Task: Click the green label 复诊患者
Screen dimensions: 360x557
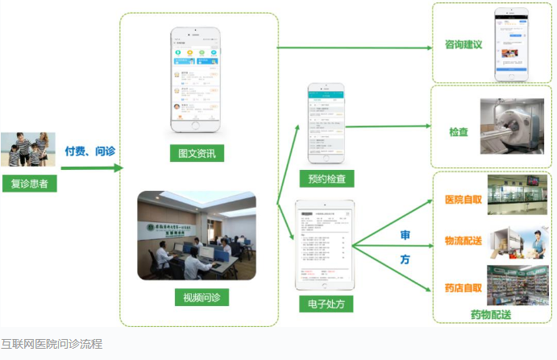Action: tap(29, 183)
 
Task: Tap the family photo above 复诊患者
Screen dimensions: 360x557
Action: tap(28, 151)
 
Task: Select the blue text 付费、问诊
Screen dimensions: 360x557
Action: tap(89, 151)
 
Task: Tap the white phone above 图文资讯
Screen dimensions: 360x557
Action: tap(196, 81)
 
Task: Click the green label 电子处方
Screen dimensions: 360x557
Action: tap(326, 304)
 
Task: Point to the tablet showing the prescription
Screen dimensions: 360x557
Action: tap(325, 245)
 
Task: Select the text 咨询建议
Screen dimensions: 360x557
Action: tap(463, 45)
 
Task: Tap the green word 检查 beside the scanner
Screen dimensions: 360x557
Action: tap(459, 131)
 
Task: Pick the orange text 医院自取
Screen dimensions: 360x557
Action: tap(463, 199)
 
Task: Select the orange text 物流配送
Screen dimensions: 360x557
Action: tap(463, 241)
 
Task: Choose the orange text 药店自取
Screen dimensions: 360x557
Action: tap(463, 287)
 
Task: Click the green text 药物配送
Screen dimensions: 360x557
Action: tap(491, 313)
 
